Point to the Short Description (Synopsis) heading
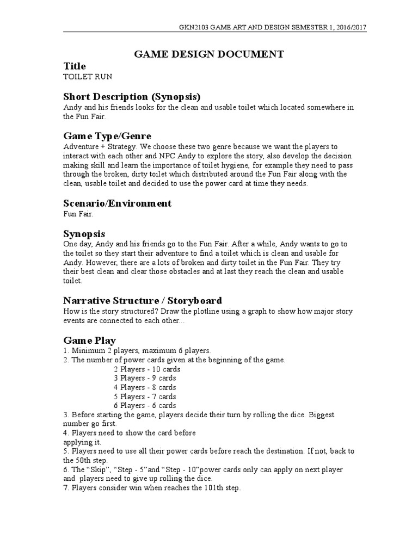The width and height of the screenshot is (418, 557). (132, 96)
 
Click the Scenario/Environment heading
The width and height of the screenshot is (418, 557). (118, 203)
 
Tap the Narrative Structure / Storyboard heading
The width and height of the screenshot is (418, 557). (143, 300)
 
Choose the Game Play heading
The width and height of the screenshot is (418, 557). (90, 341)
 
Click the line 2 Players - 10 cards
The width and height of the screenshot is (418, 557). (146, 369)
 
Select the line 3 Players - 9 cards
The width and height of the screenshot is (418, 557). (145, 378)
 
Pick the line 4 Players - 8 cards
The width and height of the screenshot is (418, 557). (145, 387)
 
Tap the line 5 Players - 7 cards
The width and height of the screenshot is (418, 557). (145, 397)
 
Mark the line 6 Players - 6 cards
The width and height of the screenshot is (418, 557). (145, 406)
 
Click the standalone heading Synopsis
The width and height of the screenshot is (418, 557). (84, 233)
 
